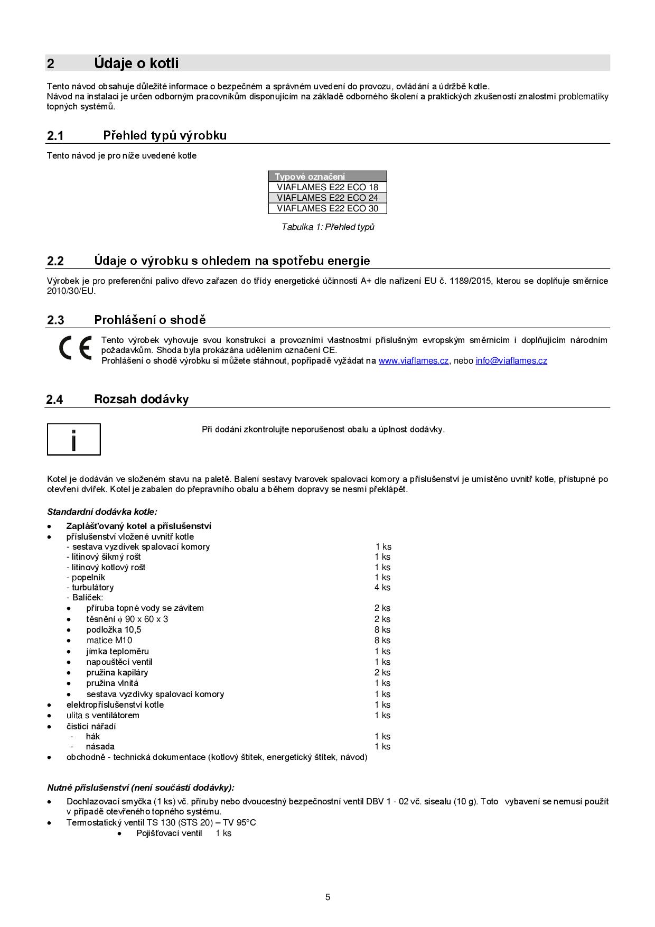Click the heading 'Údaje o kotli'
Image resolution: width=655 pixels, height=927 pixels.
(x=136, y=63)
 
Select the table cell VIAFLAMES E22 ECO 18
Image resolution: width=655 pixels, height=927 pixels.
(x=327, y=187)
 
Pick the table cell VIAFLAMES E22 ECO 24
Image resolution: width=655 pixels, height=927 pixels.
(x=327, y=198)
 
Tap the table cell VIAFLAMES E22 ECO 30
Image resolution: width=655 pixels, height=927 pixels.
(x=327, y=208)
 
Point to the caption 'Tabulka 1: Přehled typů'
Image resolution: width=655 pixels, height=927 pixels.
(x=327, y=227)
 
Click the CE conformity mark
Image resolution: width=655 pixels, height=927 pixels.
(x=75, y=348)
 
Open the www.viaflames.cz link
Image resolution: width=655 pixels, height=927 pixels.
(x=413, y=361)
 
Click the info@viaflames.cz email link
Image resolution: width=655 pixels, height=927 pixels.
(x=511, y=361)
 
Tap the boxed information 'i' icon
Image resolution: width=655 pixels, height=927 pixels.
(x=74, y=439)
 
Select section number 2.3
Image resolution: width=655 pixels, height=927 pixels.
(x=55, y=320)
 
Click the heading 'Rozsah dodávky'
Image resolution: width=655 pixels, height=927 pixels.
(x=141, y=400)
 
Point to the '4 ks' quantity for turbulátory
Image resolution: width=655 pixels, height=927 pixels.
(x=382, y=588)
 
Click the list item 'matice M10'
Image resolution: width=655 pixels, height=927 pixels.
(x=109, y=641)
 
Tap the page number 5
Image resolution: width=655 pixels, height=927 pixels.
(x=327, y=897)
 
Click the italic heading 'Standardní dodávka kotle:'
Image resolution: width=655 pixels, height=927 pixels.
(x=102, y=512)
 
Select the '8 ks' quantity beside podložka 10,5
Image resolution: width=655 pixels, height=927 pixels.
(x=382, y=630)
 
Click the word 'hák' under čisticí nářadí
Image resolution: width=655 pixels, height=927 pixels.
(x=92, y=737)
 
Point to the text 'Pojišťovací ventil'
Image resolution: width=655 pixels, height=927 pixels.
(x=169, y=833)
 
